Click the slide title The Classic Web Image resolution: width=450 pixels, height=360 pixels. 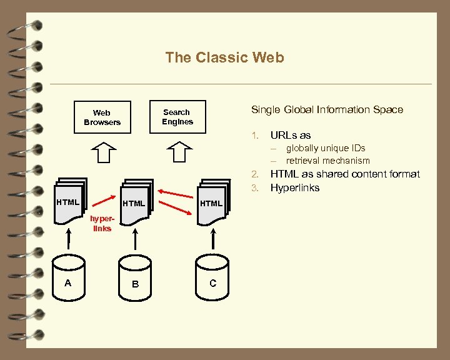pos(224,57)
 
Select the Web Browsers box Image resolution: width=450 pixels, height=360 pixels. pos(102,117)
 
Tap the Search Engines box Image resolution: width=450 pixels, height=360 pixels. pos(177,117)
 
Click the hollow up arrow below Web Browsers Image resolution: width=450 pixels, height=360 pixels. pos(103,152)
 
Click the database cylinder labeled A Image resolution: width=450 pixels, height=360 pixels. pos(68,284)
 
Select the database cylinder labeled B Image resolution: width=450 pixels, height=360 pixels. pos(135,284)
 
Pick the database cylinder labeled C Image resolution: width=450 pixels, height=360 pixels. pos(213,284)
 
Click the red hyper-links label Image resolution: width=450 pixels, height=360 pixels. pos(101,224)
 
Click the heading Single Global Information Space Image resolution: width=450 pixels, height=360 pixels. pos(327,109)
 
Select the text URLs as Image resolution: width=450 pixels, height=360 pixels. pos(290,135)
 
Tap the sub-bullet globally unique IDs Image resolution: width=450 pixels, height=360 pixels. pos(325,148)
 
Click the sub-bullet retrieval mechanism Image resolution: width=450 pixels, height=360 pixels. pos(327,161)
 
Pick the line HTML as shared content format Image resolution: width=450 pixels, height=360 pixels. pos(344,174)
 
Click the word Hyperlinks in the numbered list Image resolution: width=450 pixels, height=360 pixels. pos(294,187)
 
